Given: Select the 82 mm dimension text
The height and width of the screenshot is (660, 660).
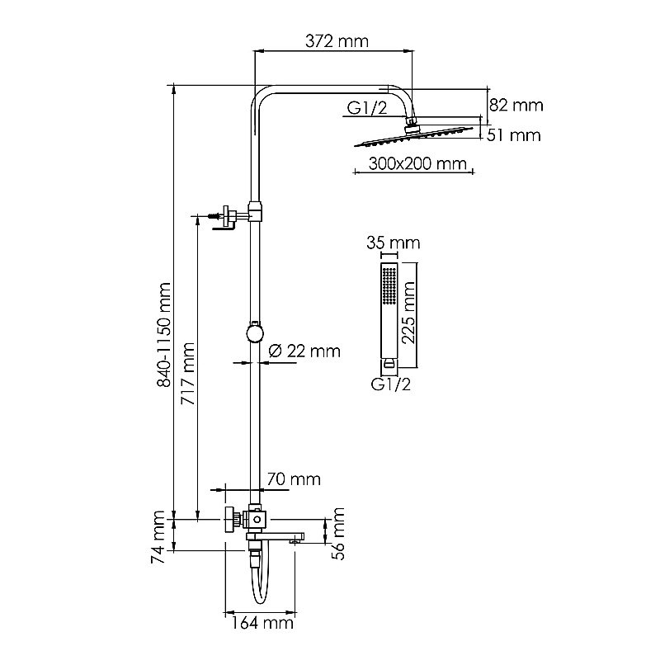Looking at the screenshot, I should [x=516, y=106].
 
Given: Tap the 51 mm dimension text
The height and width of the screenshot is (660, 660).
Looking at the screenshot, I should [x=515, y=134].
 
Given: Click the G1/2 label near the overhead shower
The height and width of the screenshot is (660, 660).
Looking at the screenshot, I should [x=365, y=106].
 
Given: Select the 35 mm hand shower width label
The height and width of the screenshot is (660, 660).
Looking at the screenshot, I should [x=393, y=243].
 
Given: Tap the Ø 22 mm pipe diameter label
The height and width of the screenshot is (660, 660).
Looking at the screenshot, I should [x=304, y=351].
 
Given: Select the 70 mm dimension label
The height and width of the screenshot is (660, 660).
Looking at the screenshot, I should [x=293, y=479].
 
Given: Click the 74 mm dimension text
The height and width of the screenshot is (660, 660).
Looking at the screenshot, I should [x=161, y=536].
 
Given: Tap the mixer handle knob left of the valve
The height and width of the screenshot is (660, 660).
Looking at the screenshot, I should [x=227, y=521].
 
